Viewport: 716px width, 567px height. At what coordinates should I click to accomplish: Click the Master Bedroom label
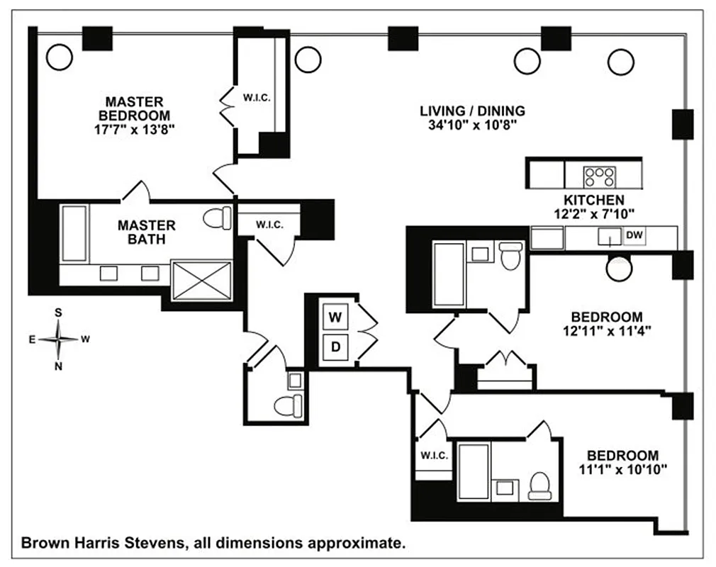[x=135, y=108]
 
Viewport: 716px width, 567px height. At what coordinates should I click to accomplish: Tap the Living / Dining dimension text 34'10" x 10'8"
[x=471, y=125]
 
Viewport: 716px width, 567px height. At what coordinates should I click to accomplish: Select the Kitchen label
[x=593, y=200]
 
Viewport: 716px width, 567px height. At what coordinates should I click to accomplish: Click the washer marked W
[x=336, y=318]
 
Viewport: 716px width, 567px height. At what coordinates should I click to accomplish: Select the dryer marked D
[x=336, y=347]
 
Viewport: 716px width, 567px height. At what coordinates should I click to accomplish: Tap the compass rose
[x=59, y=339]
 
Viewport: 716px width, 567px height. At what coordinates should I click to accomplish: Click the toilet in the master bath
[x=218, y=218]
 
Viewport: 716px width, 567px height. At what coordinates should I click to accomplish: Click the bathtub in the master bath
[x=74, y=233]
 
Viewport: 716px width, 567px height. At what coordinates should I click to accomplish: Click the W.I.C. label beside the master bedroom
[x=257, y=97]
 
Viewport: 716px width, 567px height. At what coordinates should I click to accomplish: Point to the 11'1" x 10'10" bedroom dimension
[x=622, y=469]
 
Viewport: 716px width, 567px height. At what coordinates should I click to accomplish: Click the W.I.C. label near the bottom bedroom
[x=434, y=456]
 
